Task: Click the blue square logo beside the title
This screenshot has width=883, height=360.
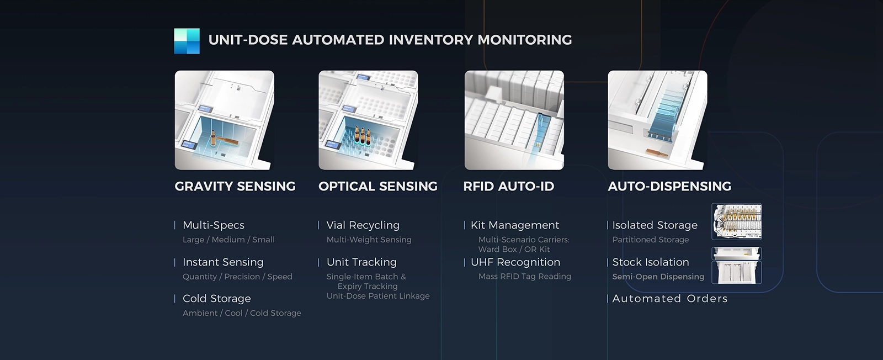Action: tap(187, 41)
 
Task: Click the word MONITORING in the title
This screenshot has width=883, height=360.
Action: tap(525, 40)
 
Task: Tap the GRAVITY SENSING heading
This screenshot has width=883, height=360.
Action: tap(235, 186)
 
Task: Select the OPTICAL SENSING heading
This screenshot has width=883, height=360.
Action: tap(378, 186)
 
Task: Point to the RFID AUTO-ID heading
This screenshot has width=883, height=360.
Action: tap(508, 186)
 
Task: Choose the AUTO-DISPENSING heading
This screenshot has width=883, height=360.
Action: tap(669, 186)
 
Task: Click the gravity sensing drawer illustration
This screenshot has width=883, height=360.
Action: tap(224, 120)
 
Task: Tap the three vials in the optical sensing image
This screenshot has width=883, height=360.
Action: tap(362, 135)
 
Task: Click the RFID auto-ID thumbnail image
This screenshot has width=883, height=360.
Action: tap(514, 120)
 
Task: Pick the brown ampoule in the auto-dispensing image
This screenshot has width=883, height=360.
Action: tap(657, 152)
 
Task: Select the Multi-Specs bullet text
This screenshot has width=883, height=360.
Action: tap(214, 225)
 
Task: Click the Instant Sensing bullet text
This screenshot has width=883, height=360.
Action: tap(223, 262)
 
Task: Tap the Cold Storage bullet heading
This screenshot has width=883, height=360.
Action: tap(217, 299)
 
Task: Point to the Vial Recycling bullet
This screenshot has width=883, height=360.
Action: tap(363, 225)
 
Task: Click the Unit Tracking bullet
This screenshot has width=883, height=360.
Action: tap(361, 262)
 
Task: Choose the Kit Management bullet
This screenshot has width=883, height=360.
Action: tap(515, 225)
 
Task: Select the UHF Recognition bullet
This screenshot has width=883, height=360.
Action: tap(515, 262)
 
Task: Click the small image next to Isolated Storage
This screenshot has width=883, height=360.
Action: tap(736, 221)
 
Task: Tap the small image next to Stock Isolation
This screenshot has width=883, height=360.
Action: tap(736, 266)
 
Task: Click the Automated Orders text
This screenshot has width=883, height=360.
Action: tap(670, 299)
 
